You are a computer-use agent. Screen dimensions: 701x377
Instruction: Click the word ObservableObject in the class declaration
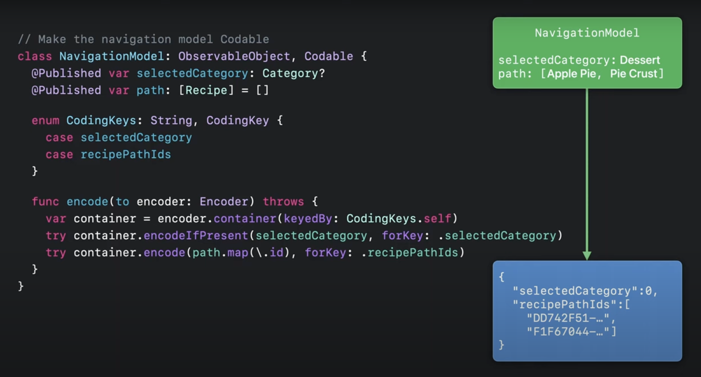[x=234, y=56]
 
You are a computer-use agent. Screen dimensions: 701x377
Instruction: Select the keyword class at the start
[x=34, y=56]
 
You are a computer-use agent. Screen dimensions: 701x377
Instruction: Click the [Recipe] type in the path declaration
[x=206, y=90]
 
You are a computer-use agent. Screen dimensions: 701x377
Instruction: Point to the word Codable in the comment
[x=244, y=40]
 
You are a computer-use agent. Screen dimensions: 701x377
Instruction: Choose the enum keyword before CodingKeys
[x=45, y=120]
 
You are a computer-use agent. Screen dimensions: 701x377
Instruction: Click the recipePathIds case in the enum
[x=126, y=154]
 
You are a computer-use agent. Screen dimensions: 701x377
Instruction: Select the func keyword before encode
[x=45, y=202]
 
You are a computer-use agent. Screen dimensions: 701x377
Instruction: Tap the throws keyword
[x=283, y=202]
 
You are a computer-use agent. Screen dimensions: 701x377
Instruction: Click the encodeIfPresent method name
[x=196, y=235]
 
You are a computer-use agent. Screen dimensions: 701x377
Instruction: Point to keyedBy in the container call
[x=308, y=218]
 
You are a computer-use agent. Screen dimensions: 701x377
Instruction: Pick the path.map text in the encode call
[x=220, y=252]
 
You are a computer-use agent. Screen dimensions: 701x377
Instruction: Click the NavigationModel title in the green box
[x=587, y=33]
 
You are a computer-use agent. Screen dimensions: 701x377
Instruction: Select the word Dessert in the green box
[x=640, y=60]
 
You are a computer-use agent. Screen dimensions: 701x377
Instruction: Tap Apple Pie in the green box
[x=571, y=74]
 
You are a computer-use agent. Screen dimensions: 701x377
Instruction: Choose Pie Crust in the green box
[x=633, y=74]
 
